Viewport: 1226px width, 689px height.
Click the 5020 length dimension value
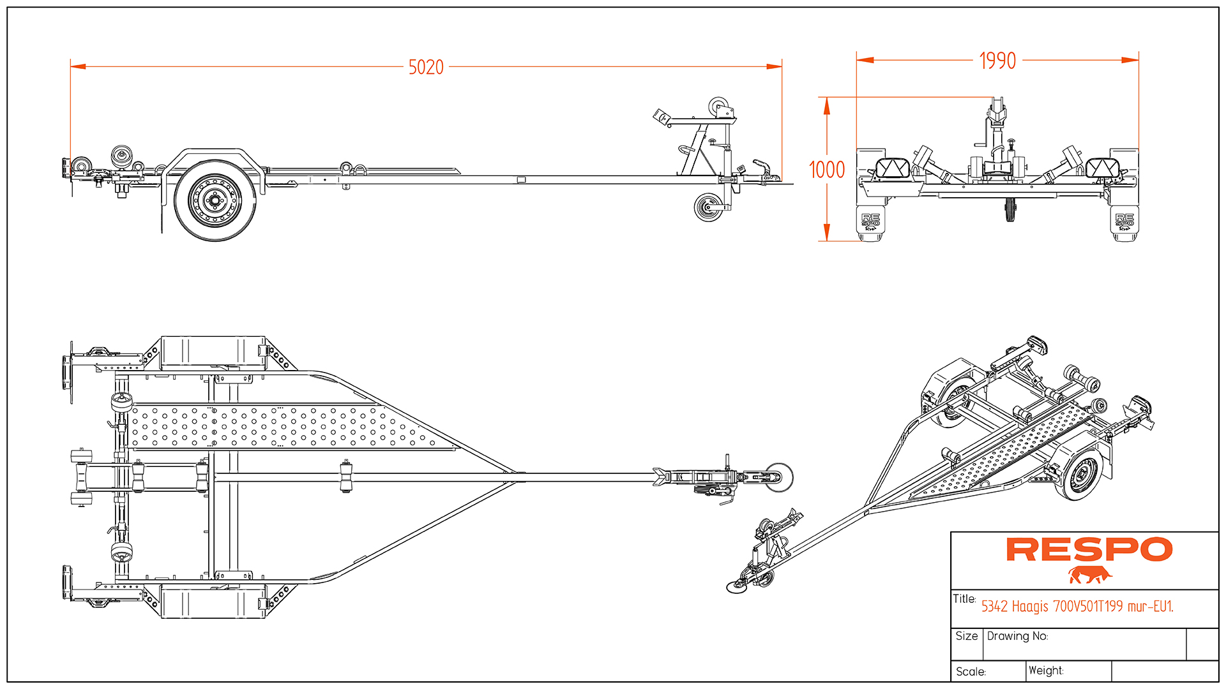point(426,67)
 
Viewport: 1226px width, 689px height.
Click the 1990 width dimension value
point(997,61)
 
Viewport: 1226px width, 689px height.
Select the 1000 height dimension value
point(827,170)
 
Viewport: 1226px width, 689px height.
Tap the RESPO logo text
point(1089,549)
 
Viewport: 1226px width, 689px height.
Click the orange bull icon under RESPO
point(1089,575)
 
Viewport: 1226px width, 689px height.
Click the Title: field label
point(964,599)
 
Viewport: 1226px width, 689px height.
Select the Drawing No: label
point(1017,636)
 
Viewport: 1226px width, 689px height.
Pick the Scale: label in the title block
point(971,672)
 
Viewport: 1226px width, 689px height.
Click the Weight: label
point(1046,670)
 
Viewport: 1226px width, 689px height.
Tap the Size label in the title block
point(967,636)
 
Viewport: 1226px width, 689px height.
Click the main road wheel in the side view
point(215,200)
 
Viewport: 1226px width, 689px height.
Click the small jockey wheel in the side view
point(708,208)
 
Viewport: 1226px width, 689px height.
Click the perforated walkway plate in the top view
point(281,426)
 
